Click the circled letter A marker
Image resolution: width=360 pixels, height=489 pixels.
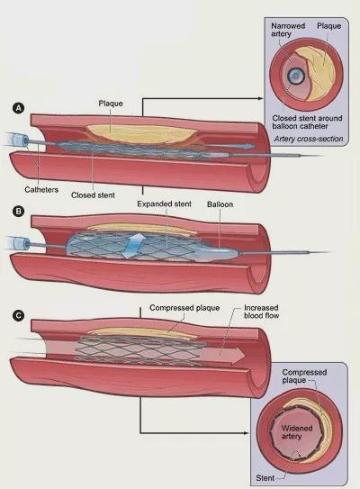tap(18, 108)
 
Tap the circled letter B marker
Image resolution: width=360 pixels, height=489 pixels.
tap(18, 211)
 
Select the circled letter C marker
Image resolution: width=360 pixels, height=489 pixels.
tap(18, 315)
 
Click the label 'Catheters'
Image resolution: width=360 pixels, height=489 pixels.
tap(41, 190)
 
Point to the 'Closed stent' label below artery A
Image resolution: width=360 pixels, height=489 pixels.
tap(93, 195)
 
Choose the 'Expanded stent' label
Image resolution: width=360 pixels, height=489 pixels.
tap(165, 204)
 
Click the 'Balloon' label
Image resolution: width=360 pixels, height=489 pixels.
tap(220, 204)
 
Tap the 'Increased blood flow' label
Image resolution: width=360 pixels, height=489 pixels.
tap(261, 312)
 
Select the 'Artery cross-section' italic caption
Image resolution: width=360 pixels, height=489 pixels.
tap(309, 139)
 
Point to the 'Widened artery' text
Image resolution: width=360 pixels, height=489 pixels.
tap(297, 432)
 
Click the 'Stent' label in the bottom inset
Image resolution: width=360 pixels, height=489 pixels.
tap(265, 478)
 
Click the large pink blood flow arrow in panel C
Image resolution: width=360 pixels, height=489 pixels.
tap(223, 356)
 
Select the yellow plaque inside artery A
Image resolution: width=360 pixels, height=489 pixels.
tap(142, 134)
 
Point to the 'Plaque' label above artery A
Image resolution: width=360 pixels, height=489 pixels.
tap(111, 104)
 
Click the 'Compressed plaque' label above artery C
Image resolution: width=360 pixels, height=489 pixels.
tap(184, 308)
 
